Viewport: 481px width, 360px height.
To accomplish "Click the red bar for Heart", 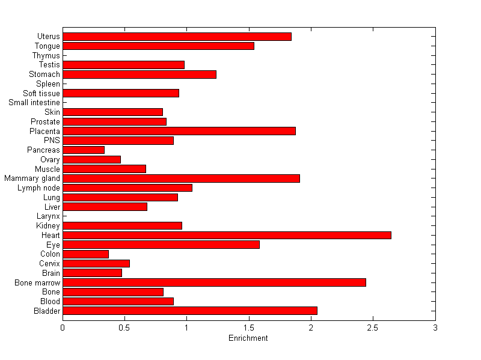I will (227, 235).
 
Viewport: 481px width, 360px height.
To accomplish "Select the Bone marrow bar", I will (214, 282).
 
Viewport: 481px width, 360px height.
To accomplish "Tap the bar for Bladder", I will (189, 311).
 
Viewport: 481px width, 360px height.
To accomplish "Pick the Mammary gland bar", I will (181, 178).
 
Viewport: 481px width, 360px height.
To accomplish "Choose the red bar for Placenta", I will (179, 131).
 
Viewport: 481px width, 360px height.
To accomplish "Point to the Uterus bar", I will (177, 37).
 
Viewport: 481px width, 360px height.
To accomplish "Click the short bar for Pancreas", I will (84, 150).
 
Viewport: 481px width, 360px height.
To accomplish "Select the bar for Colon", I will (85, 254).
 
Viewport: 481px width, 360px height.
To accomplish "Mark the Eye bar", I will (161, 245).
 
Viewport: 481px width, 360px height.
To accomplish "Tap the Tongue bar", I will (158, 46).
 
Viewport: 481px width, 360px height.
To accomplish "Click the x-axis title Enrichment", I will (248, 338).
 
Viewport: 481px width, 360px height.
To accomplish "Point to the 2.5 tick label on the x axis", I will (373, 327).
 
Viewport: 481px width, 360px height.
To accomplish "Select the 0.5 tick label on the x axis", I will (124, 327).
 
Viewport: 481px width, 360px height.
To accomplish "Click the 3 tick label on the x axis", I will (435, 327).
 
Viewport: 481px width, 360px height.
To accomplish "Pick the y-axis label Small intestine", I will (34, 103).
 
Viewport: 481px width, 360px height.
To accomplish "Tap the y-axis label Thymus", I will (46, 56).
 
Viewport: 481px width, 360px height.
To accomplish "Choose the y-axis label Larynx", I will (48, 216).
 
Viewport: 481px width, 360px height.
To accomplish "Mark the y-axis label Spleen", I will (48, 84).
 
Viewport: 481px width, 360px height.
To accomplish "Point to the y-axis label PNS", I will (52, 141).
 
